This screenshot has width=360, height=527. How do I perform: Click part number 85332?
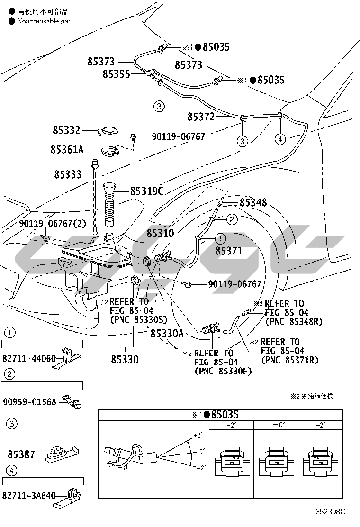click(67, 130)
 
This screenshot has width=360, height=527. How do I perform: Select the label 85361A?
click(67, 149)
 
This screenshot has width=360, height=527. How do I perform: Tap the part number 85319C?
click(147, 191)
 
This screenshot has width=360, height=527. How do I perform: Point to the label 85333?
click(67, 174)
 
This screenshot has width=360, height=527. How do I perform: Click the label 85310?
click(160, 233)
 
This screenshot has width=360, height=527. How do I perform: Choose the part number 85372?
click(201, 117)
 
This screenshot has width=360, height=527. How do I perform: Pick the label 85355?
click(117, 74)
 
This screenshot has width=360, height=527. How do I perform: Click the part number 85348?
click(253, 203)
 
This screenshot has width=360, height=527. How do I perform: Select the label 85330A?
click(167, 334)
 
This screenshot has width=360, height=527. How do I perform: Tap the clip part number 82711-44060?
click(29, 358)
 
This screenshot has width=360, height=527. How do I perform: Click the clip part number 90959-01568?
click(29, 402)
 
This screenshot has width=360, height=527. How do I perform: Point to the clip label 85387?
click(21, 454)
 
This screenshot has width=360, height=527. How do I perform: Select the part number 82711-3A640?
click(29, 496)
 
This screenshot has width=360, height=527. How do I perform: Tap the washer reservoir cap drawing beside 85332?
click(108, 132)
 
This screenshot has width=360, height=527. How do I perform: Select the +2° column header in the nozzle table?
click(232, 425)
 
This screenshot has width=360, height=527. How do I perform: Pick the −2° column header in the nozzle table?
click(321, 425)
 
